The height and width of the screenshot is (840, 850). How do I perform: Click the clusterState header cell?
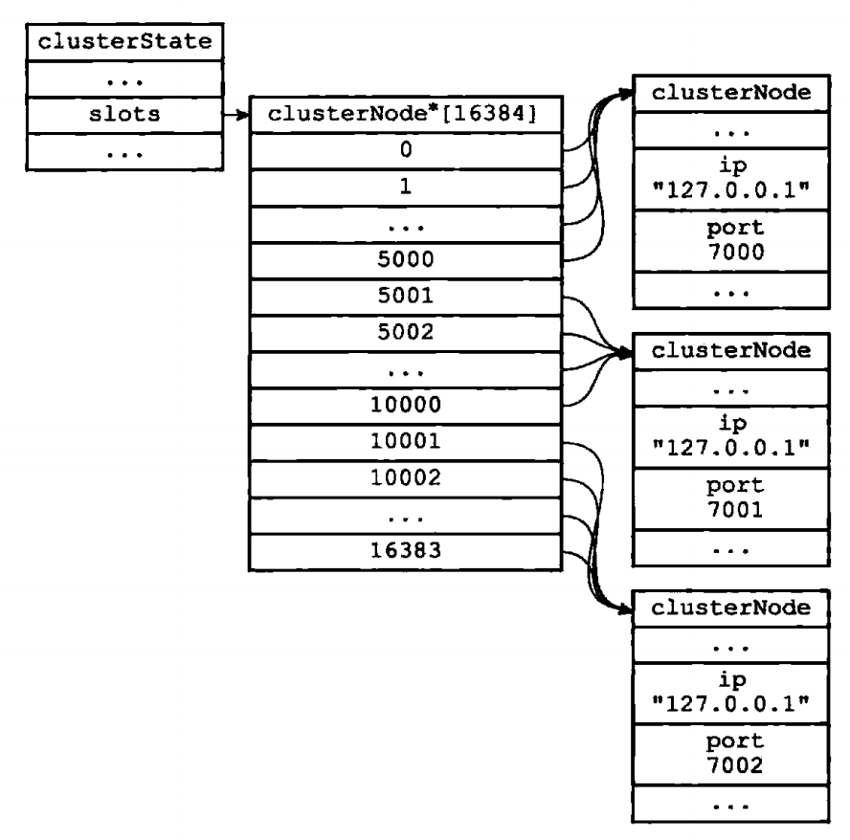click(x=124, y=42)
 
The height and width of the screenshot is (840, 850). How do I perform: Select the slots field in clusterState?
click(x=124, y=115)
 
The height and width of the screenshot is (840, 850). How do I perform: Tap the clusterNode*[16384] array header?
click(x=406, y=114)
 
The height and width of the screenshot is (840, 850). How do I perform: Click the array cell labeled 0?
click(x=406, y=150)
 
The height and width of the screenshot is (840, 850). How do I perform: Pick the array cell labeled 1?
click(x=406, y=188)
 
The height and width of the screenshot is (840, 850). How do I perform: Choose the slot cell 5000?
click(x=406, y=260)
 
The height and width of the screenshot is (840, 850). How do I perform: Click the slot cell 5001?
click(x=406, y=297)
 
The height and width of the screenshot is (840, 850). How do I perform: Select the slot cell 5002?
click(x=406, y=333)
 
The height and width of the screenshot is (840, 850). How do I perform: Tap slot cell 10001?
click(x=406, y=443)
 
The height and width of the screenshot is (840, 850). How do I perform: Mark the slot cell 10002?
click(x=406, y=479)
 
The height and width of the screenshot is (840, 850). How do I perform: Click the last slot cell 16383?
click(x=406, y=552)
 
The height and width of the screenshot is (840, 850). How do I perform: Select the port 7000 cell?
click(x=731, y=241)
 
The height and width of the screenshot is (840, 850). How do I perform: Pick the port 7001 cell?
click(x=731, y=498)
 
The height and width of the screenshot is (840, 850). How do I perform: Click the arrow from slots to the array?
click(x=236, y=115)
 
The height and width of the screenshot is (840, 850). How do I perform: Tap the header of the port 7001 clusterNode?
click(x=731, y=351)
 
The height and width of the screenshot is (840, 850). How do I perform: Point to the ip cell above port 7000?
click(x=731, y=179)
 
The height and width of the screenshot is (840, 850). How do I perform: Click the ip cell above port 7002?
click(x=731, y=693)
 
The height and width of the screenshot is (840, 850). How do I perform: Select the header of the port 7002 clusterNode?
click(x=731, y=608)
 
